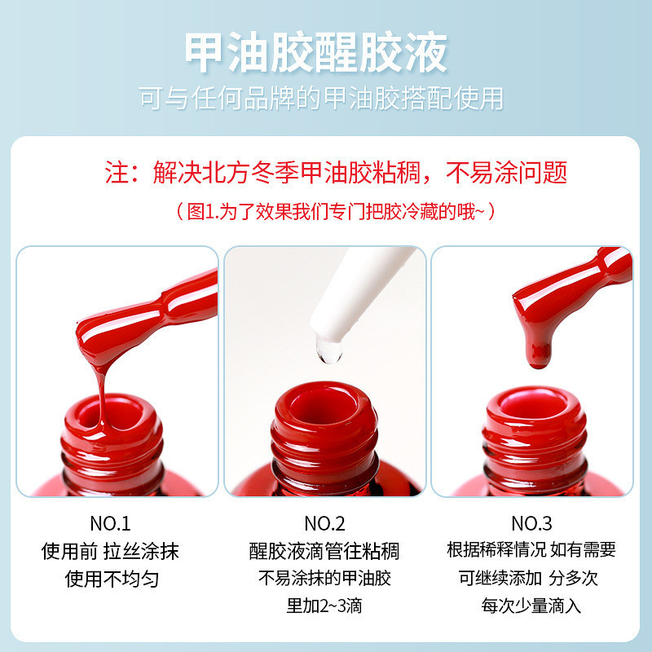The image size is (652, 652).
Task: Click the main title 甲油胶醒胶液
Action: [x=316, y=53]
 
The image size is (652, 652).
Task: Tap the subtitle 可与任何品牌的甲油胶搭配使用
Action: [x=321, y=99]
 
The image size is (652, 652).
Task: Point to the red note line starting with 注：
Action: [x=336, y=172]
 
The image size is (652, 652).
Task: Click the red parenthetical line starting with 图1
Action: [x=336, y=211]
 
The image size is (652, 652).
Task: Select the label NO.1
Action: [x=110, y=523]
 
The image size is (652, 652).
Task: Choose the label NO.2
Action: [x=324, y=523]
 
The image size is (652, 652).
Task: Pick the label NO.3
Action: [x=531, y=523]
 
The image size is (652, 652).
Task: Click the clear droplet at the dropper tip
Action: [x=329, y=350]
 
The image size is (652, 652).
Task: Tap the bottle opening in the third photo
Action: [x=535, y=407]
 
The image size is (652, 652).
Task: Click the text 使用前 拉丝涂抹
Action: [x=110, y=551]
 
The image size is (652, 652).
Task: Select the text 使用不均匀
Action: [x=112, y=579]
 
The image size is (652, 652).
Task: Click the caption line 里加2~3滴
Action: [x=324, y=606]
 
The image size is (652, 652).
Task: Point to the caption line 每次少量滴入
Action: [x=531, y=606]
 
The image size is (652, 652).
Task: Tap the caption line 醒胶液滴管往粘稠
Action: [x=324, y=551]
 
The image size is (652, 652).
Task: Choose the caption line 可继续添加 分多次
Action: [x=528, y=578]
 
